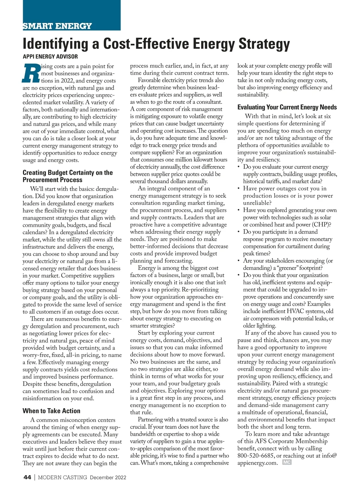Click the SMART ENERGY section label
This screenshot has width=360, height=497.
pyautogui.click(x=57, y=26)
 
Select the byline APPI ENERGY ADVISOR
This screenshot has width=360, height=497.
pyautogui.click(x=50, y=56)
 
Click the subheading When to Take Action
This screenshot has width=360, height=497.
pyautogui.click(x=51, y=411)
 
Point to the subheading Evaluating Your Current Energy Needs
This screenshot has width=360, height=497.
pyautogui.click(x=287, y=107)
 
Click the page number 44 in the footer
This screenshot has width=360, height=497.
pyautogui.click(x=27, y=477)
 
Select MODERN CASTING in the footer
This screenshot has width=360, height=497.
pyautogui.click(x=62, y=477)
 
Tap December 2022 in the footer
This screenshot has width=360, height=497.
pyautogui.click(x=108, y=478)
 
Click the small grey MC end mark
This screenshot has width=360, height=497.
pyautogui.click(x=287, y=462)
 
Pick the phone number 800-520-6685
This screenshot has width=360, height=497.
pyautogui.click(x=256, y=456)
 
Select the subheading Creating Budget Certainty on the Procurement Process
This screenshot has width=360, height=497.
pyautogui.click(x=67, y=176)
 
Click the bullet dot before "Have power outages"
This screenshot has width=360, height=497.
pyautogui.click(x=238, y=189)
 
